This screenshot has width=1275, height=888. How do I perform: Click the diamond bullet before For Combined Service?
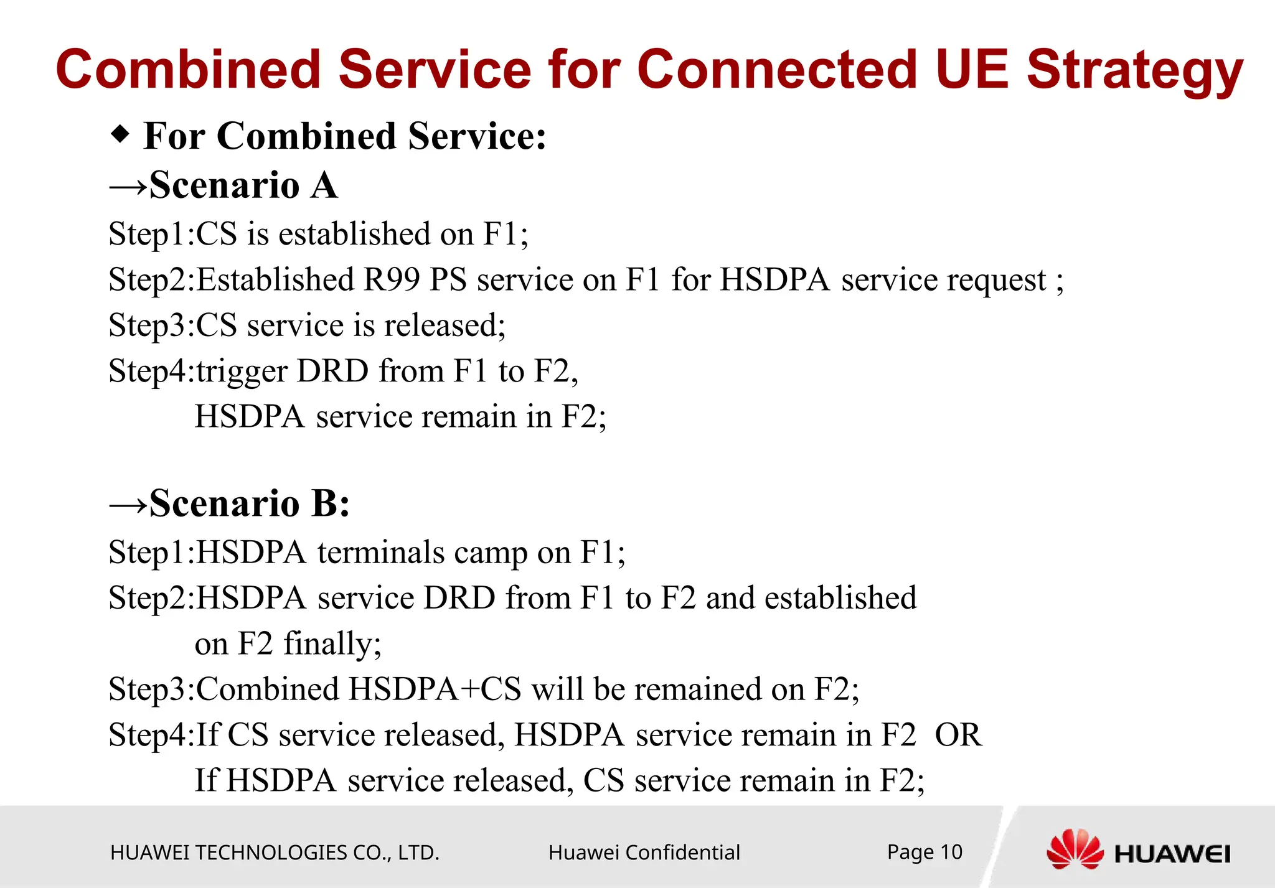point(120,133)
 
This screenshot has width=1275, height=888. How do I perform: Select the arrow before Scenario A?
point(128,186)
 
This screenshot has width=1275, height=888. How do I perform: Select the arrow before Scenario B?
point(128,504)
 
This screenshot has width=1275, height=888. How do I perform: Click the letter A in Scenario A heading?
point(324,185)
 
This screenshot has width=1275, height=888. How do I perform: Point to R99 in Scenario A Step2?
point(392,279)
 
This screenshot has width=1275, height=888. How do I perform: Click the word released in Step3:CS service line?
point(445,325)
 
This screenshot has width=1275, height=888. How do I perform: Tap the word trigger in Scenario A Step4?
point(242,372)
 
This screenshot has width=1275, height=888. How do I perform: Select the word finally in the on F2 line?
point(332,644)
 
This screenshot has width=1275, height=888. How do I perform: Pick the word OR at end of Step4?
point(958,735)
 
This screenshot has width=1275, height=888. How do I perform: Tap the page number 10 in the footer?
point(951,852)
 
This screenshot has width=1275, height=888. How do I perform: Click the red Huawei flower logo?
point(1075,849)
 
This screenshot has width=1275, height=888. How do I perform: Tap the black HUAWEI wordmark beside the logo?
point(1172,854)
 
